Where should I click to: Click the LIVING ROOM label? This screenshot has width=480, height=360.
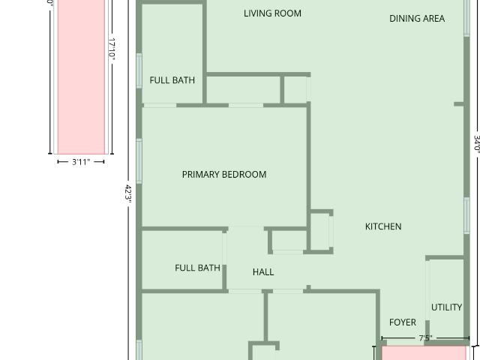pos(272,13)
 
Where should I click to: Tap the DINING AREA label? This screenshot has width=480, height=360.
pos(417,19)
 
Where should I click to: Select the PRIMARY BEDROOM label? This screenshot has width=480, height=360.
pos(224,175)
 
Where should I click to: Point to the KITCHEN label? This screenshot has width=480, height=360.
pos(383,226)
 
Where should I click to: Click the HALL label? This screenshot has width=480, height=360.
pos(263,272)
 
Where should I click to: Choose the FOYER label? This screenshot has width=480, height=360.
pos(403,322)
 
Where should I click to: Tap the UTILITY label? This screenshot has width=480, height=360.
pos(447,307)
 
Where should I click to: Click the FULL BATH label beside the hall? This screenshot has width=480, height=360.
pos(197,268)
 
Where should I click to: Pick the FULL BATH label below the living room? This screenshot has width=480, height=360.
pos(172,80)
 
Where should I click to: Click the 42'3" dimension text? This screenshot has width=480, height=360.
pos(128,193)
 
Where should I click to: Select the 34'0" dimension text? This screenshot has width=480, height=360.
pos(477,143)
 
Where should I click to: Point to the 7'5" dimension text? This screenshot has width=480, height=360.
pos(425,338)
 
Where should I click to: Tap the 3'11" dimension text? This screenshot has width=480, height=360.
pos(81,162)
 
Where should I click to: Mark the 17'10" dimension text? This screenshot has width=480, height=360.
pos(112,49)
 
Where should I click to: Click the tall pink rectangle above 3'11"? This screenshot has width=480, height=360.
pos(81,76)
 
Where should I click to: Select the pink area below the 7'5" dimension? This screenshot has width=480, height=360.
pos(424,353)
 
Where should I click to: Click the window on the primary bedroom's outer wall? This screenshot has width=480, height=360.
pos(139,161)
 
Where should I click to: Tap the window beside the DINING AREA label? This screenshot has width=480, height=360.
pos(466,18)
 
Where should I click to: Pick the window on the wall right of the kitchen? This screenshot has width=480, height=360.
pos(466,215)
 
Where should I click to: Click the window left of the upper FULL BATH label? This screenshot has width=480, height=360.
pos(139,70)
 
